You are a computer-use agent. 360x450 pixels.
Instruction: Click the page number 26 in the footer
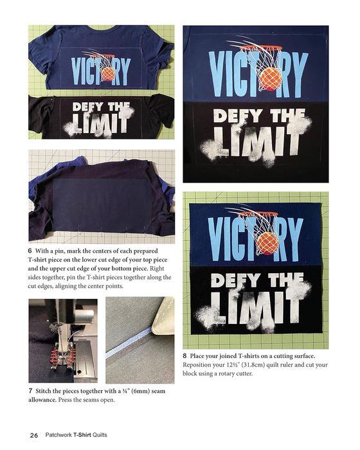(34, 435)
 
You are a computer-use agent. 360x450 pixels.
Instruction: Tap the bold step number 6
(30, 251)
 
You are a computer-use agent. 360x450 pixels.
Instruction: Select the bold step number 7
(30, 391)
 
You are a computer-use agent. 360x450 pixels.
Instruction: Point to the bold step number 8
(184, 356)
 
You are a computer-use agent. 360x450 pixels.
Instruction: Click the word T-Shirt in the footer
(82, 435)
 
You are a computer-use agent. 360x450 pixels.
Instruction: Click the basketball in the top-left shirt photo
(109, 75)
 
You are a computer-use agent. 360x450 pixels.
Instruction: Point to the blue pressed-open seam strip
(129, 343)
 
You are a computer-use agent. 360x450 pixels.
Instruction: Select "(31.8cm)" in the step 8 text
(253, 364)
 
